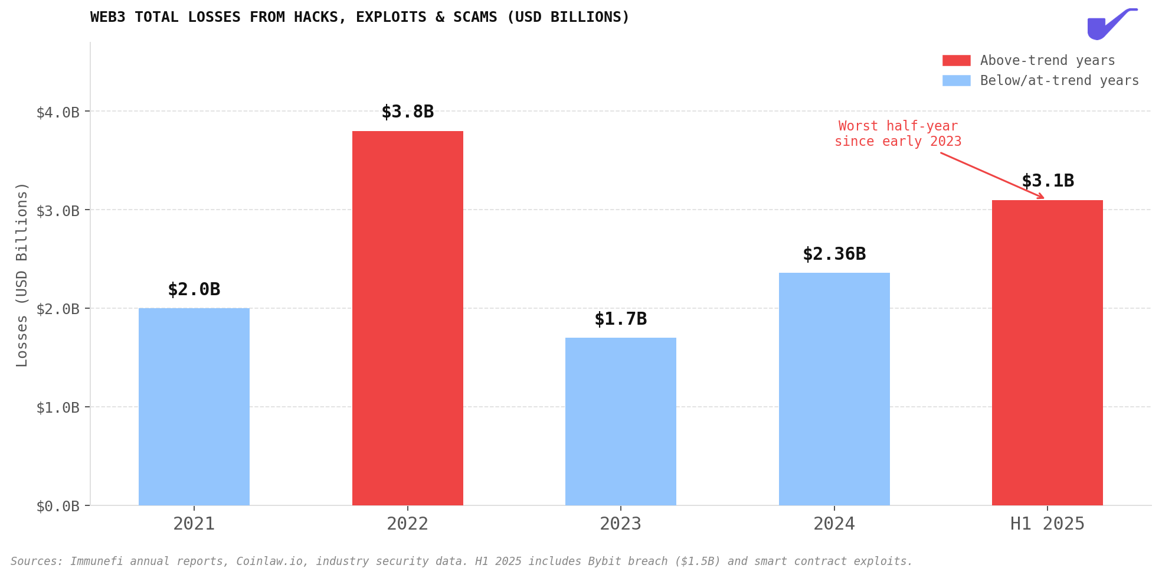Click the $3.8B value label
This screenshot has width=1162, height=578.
[407, 112]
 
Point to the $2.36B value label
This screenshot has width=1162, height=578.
[834, 254]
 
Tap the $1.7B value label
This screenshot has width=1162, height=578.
[620, 319]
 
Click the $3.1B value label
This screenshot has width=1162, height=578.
[1048, 181]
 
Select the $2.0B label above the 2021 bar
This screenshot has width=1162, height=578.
[194, 289]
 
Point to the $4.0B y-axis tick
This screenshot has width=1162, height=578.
[58, 112]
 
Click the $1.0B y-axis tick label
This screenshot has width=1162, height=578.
[58, 407]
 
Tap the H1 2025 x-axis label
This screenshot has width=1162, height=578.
[1047, 524]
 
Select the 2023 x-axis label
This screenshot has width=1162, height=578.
[620, 524]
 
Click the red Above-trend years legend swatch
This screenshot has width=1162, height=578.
[956, 60]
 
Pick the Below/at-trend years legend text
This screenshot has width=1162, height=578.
[1059, 80]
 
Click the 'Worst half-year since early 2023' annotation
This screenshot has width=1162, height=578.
[898, 134]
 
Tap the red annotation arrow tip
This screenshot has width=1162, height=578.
[1043, 198]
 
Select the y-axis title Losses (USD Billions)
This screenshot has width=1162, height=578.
[22, 275]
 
